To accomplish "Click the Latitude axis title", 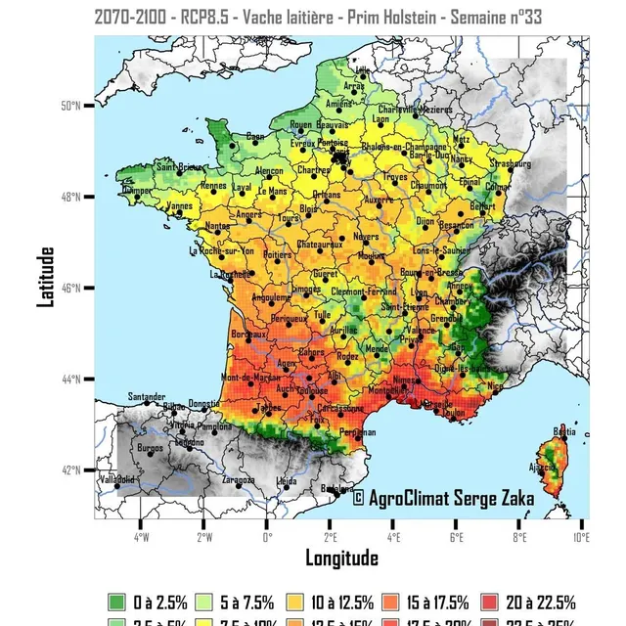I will click(46, 277).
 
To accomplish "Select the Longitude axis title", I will click(341, 559).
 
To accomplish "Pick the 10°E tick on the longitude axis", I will click(581, 535).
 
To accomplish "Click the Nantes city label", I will click(218, 227).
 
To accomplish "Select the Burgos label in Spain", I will click(151, 448).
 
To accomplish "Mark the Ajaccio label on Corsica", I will click(543, 467).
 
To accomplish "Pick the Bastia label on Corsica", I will click(564, 431).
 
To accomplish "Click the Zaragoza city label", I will click(238, 481).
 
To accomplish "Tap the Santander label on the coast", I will click(147, 396).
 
